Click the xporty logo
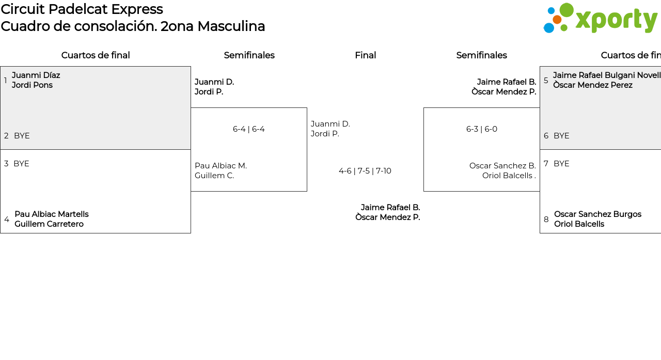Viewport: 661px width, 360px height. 600,19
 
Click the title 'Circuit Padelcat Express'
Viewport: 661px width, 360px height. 82,9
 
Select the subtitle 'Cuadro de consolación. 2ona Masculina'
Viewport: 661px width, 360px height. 133,26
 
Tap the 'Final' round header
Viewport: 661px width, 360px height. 365,55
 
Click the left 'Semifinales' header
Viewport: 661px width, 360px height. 249,55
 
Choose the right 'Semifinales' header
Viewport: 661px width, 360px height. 481,55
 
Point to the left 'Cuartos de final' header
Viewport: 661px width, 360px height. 96,55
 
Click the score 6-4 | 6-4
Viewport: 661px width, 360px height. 248,129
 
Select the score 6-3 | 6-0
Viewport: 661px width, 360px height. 481,129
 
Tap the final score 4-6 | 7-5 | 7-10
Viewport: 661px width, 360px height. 365,171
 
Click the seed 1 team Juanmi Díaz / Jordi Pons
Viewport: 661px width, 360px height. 36,80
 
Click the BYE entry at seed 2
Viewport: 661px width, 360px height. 22,136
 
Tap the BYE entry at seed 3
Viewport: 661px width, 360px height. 21,164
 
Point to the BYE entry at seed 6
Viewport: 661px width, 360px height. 561,136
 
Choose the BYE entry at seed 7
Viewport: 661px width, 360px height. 561,164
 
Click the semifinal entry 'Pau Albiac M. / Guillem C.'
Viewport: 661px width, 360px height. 221,170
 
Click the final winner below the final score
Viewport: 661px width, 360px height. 387,212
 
